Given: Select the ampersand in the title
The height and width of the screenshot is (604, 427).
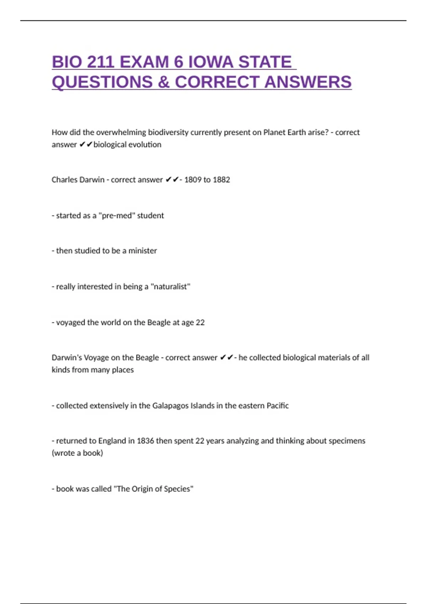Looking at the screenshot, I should (x=163, y=82).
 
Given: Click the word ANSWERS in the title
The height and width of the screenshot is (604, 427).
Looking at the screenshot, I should (x=308, y=82).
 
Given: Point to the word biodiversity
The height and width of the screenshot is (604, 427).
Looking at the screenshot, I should (x=168, y=133).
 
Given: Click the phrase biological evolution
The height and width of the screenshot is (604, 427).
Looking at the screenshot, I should (x=127, y=145).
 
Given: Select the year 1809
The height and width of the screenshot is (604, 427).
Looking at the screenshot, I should (x=193, y=180).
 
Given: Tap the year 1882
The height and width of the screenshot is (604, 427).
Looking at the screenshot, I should (x=221, y=180).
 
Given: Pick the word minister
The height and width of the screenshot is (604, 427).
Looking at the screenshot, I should (x=142, y=251).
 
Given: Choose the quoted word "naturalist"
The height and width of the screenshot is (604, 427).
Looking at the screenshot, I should (x=170, y=287).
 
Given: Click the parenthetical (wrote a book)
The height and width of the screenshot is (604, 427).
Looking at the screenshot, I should (x=77, y=453).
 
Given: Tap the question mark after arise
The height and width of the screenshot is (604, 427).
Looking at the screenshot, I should (x=327, y=133).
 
